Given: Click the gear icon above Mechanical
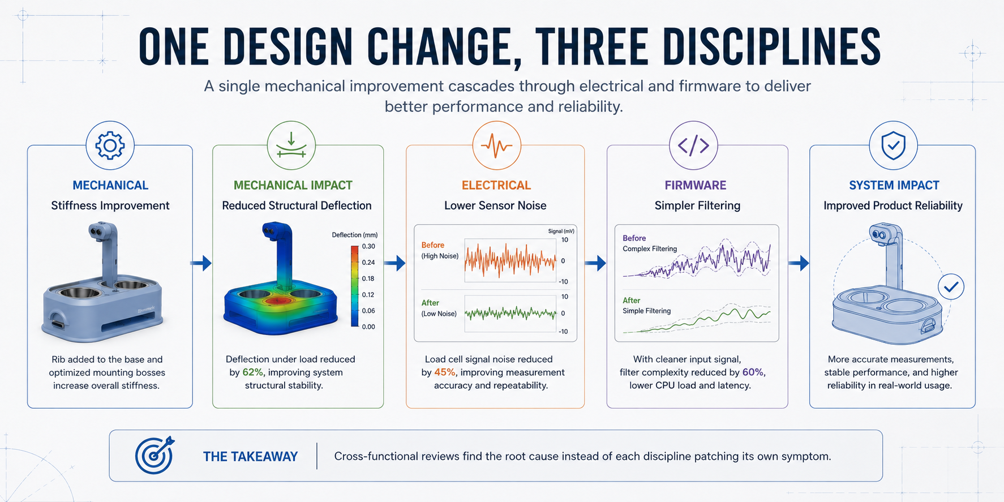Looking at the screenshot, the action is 110,145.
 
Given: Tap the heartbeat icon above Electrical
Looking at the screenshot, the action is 496,145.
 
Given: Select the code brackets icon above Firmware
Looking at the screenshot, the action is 693,145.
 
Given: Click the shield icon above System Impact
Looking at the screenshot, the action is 894,145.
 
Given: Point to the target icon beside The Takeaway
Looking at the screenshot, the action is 155,455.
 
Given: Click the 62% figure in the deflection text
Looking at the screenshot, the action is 253,372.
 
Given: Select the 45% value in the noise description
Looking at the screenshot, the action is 445,372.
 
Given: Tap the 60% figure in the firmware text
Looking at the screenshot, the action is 753,372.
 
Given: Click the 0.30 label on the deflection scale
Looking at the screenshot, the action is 368,246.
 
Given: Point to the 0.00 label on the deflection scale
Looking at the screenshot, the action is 368,327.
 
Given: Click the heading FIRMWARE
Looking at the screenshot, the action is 696,185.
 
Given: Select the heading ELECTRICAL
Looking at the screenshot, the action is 496,185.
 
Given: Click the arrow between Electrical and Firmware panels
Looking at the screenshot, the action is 595,263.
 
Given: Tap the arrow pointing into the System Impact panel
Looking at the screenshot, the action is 799,263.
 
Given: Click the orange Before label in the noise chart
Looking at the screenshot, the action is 433,245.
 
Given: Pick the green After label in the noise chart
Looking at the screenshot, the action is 430,303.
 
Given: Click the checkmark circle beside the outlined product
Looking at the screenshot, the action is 951,287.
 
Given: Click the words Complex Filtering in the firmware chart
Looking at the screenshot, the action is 650,248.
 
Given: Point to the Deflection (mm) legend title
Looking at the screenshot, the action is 354,235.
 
